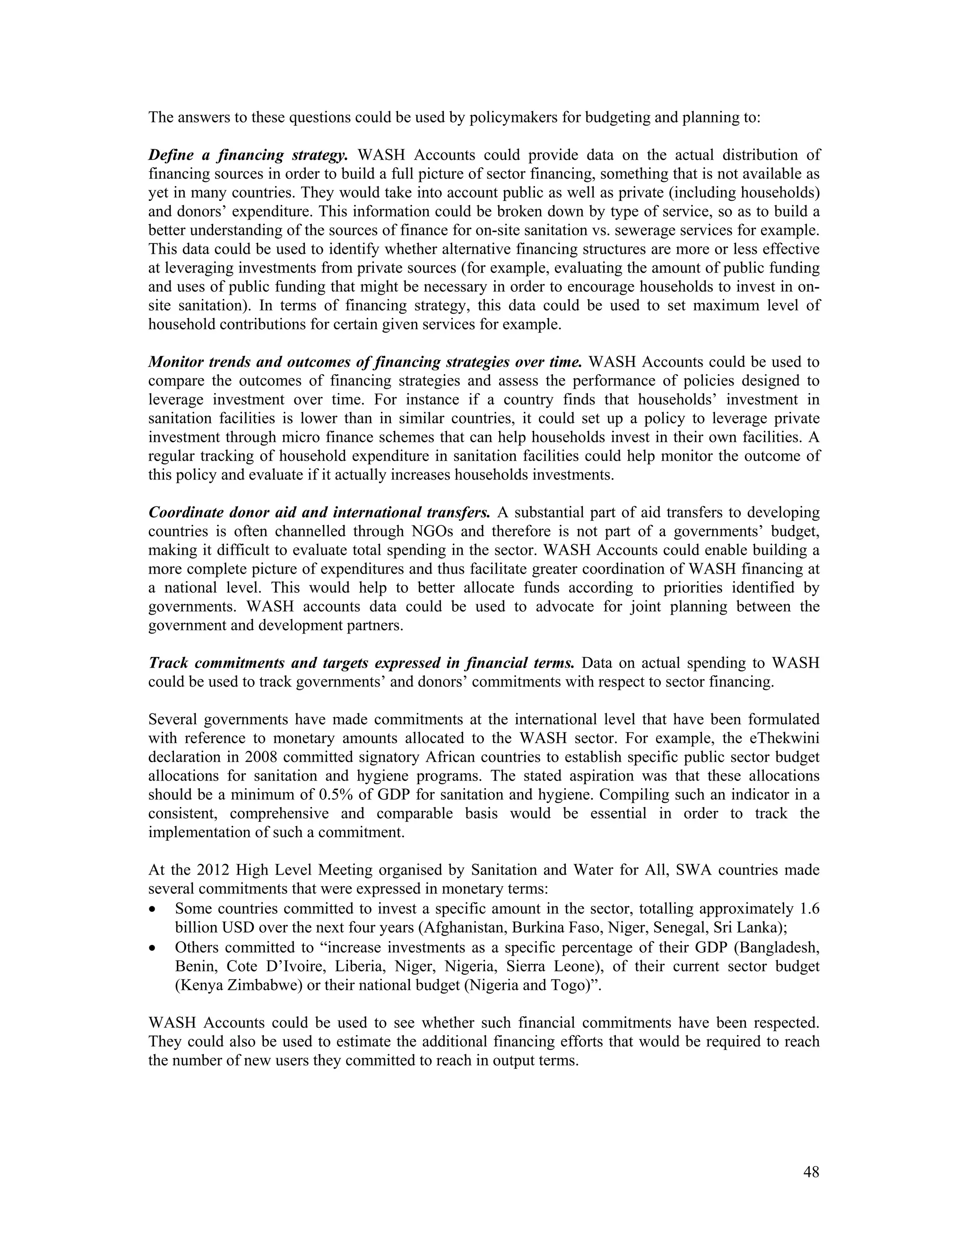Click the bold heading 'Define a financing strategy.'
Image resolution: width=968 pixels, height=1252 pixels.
click(248, 155)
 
